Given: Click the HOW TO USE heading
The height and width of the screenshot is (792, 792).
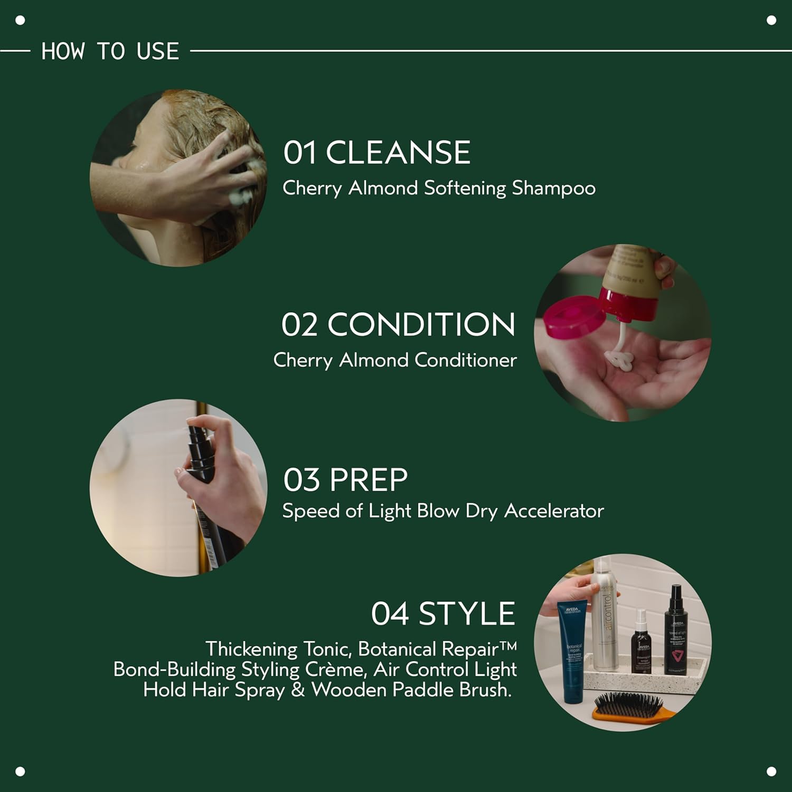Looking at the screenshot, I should [110, 51].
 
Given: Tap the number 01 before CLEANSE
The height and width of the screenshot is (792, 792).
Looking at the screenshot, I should [299, 153].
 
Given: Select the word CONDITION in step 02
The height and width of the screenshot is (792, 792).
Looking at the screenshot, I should [421, 324].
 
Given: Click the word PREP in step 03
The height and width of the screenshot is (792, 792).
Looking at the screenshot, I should [369, 480].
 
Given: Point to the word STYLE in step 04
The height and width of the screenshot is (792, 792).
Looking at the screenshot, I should [466, 614].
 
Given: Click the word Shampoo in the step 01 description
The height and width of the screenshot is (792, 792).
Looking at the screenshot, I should [553, 188].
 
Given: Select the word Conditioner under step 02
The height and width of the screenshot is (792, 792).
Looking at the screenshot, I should [465, 360].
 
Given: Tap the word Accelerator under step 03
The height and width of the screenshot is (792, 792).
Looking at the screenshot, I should [554, 511].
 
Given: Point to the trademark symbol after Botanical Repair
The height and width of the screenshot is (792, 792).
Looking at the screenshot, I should [508, 645].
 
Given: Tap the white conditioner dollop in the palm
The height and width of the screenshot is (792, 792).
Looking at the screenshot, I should [619, 359].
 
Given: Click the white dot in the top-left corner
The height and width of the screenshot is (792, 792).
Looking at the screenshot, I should [20, 21].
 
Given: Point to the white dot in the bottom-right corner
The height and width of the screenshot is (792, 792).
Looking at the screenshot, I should [771, 771].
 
